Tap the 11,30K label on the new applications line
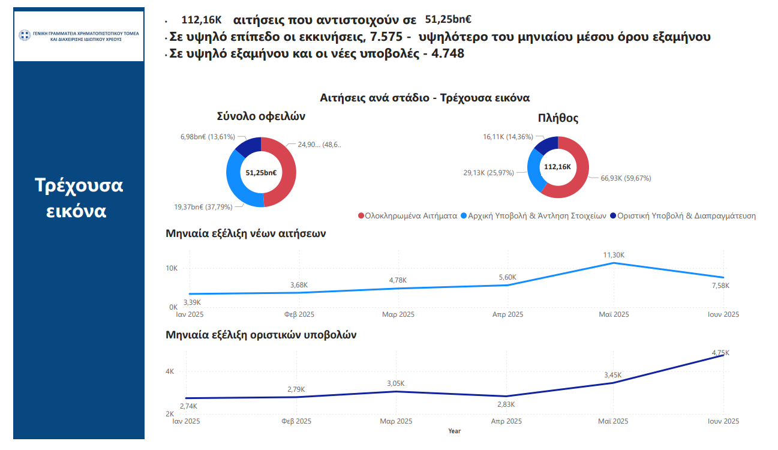point(614,255)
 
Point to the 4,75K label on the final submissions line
point(722,352)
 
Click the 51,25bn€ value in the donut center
point(261,173)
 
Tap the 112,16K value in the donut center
point(558,167)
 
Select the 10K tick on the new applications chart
point(172,268)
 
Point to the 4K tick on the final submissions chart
point(170,372)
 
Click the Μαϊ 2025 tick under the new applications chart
point(613,314)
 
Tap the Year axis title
point(454,431)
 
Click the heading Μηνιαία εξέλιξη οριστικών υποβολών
point(261,335)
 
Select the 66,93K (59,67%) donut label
point(626,178)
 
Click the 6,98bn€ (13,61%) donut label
point(208,137)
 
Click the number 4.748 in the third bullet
point(447,54)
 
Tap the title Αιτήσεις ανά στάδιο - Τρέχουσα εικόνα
point(425,97)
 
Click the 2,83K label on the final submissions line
point(506,404)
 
